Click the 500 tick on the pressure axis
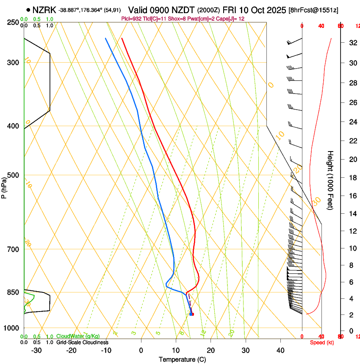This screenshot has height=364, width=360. click(x=13, y=175)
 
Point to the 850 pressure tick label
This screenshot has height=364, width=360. click(x=13, y=292)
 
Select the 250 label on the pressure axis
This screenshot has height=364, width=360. click(x=13, y=22)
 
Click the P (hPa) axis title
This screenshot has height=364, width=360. click(x=4, y=186)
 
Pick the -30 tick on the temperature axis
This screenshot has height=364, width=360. click(x=36, y=350)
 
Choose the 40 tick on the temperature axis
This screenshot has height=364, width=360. click(x=280, y=350)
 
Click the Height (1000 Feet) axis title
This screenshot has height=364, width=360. click(x=330, y=180)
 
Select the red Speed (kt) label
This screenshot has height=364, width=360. click(x=321, y=342)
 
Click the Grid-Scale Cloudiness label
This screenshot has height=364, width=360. click(x=82, y=342)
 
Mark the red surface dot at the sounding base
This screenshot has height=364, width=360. click(x=192, y=314)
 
